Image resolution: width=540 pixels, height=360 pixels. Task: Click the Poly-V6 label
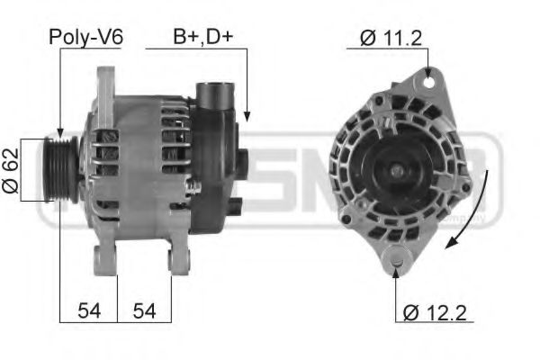[85, 37]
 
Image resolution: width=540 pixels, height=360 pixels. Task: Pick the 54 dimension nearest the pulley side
[88, 310]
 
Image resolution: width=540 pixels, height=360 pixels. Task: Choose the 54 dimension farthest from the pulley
[144, 310]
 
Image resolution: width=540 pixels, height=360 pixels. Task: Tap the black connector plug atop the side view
[215, 96]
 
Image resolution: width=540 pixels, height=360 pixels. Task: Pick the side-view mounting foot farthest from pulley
[177, 258]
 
